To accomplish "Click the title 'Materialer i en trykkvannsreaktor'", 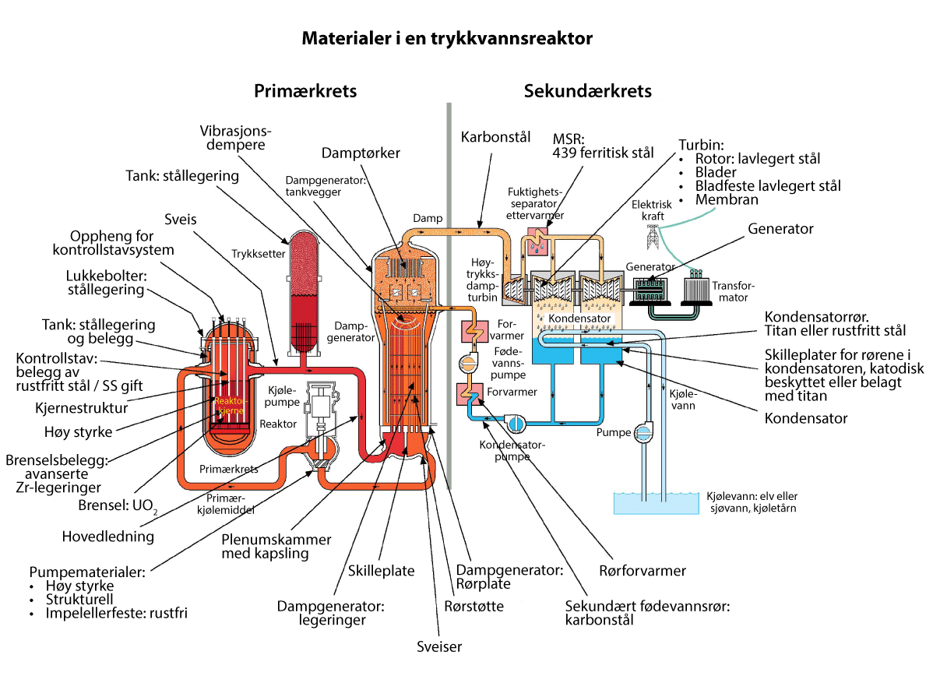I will pos(447,38).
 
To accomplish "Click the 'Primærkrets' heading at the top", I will pos(305,91).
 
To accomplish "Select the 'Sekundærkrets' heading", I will pos(587,91).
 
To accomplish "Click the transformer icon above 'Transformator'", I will pos(702,290).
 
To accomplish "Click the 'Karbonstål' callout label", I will pos(495,138).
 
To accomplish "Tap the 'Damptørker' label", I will pos(361,153).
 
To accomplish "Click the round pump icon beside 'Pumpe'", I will pos(646,431).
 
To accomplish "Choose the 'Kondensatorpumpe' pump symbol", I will pos(515,421).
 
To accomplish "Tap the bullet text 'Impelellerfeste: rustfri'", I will pos(114,613).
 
